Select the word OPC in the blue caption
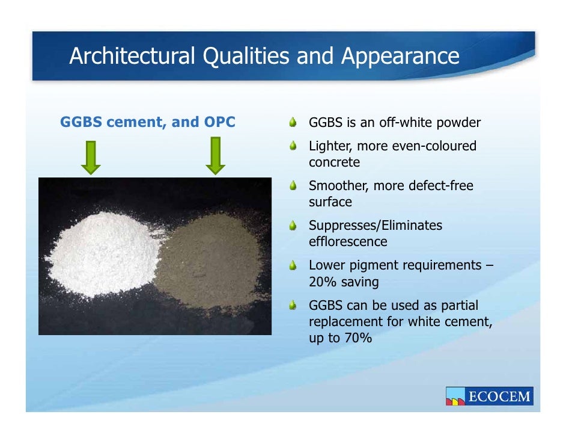click(x=219, y=123)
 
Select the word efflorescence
click(x=348, y=242)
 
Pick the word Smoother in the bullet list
click(x=338, y=186)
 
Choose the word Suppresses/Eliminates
click(x=375, y=226)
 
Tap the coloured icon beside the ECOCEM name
click(x=455, y=396)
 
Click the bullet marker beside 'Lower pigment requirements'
click(x=293, y=265)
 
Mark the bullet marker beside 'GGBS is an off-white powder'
click(x=293, y=123)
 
